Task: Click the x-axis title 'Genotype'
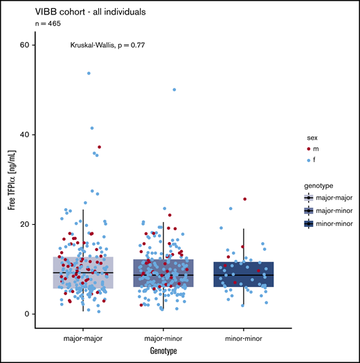pos(163,351)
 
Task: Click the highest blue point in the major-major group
pos(89,73)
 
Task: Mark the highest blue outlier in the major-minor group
pos(174,90)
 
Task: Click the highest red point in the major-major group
pos(99,147)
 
